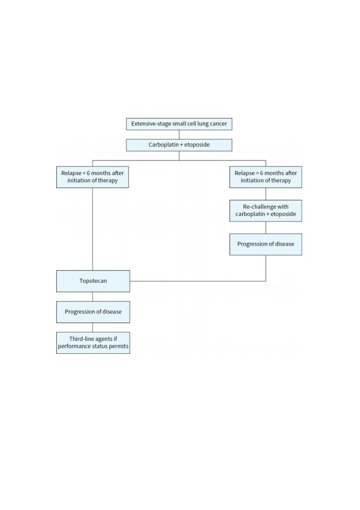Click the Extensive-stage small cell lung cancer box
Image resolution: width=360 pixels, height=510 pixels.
(179, 124)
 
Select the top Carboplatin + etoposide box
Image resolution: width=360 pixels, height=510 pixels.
(179, 145)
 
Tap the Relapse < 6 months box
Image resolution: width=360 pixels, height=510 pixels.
(92, 177)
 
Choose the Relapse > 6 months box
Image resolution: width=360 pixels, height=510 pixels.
(265, 177)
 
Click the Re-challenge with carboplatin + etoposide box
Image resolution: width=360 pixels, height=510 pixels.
(265, 211)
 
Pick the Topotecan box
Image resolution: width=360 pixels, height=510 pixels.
(93, 281)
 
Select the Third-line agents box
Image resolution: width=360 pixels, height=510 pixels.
(93, 343)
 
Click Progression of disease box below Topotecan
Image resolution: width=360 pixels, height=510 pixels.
(93, 312)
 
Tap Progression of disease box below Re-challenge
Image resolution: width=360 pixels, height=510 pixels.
(265, 244)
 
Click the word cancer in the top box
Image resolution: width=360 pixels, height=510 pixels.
(218, 124)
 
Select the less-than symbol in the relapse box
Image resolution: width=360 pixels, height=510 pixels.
(84, 173)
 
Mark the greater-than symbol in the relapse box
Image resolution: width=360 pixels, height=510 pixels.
(258, 173)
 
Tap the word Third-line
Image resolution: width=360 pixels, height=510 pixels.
(81, 339)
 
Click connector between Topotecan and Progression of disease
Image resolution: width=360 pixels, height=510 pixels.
(92, 296)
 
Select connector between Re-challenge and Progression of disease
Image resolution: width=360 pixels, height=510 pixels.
(265, 228)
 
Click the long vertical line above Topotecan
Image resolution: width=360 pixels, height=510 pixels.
(92, 229)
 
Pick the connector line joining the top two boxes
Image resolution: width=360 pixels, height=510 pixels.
(179, 134)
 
